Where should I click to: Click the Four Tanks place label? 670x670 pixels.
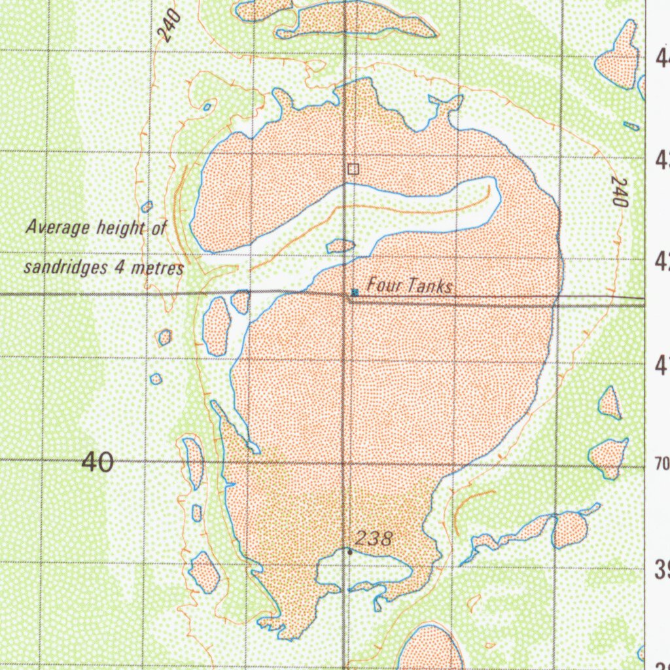point(410,286)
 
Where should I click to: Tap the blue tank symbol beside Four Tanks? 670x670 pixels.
point(354,292)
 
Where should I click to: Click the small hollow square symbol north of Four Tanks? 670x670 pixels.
point(353,169)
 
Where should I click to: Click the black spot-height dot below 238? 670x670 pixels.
point(350,553)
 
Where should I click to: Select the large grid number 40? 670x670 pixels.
point(97,463)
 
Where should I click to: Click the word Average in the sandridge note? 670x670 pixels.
point(58,228)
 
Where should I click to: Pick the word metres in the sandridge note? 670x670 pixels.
point(161,268)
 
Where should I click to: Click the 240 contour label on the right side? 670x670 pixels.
point(618,191)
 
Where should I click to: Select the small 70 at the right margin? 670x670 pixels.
point(661,465)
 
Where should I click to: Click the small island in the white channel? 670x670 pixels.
point(340,245)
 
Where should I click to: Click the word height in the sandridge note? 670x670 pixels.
point(120,228)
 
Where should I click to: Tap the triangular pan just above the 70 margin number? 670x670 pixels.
point(610,404)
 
